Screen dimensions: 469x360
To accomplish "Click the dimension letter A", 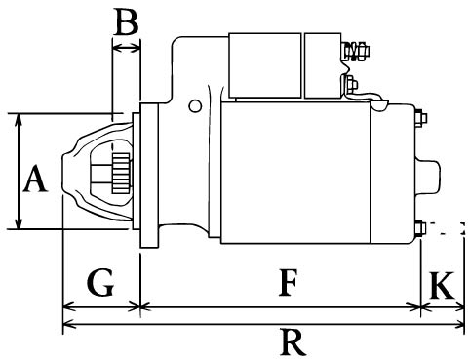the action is coord(35,179).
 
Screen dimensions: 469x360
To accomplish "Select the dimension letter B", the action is coord(127,21).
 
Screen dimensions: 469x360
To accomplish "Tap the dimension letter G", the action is coord(100,282).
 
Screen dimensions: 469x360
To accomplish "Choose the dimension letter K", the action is coord(442,285).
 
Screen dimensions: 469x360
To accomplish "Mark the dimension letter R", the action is coord(293,342).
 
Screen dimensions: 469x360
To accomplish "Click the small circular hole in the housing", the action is coord(195,106).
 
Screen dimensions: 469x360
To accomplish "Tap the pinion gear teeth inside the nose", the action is coord(121,174).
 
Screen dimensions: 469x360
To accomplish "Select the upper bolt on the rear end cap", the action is coord(420,118).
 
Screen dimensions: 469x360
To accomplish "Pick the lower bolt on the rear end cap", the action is coord(420,227).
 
